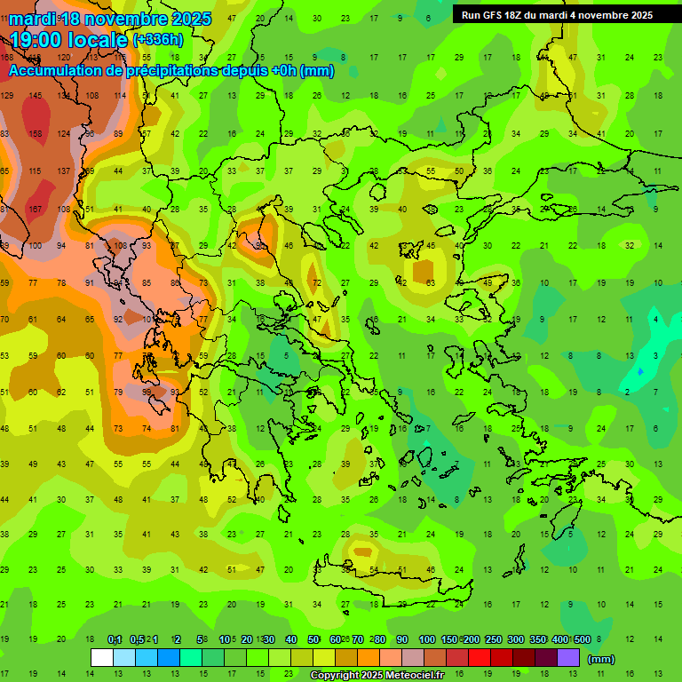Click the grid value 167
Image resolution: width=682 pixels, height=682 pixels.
(36, 210)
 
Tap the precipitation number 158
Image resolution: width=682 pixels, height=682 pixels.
(36, 134)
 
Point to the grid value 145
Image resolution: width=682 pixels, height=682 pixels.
(36, 96)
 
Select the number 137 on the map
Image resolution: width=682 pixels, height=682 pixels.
(64, 171)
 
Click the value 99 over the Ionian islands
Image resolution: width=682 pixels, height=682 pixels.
(147, 392)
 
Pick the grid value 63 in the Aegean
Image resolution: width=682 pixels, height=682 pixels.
(430, 283)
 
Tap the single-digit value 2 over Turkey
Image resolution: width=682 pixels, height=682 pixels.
(627, 392)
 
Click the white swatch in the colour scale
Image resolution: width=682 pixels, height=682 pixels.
(102, 658)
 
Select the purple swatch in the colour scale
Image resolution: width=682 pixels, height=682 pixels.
(568, 658)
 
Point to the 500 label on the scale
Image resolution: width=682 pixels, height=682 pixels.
(582, 640)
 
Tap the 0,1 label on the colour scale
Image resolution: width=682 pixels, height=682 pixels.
(115, 640)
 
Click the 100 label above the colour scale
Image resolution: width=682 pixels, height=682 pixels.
(427, 640)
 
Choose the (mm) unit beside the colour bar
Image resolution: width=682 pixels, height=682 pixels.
(601, 659)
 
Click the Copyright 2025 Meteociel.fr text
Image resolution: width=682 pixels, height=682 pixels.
(377, 676)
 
